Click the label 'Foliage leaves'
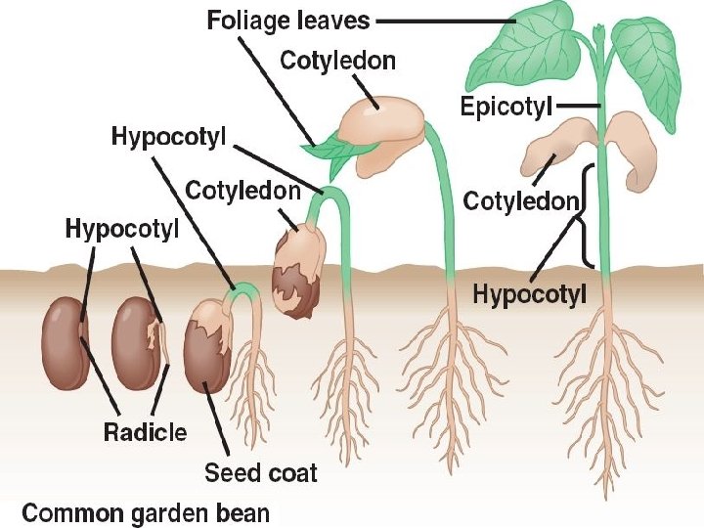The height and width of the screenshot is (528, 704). pyautogui.click(x=288, y=20)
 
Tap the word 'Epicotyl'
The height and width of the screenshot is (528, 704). pyautogui.click(x=506, y=106)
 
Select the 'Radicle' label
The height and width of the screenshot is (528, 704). pyautogui.click(x=146, y=431)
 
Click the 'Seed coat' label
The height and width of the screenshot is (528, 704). pyautogui.click(x=260, y=473)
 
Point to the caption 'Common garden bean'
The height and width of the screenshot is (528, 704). pyautogui.click(x=146, y=511)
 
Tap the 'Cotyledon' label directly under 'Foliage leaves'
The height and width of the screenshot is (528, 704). pyautogui.click(x=338, y=61)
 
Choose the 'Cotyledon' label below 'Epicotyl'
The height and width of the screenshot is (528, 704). pyautogui.click(x=521, y=202)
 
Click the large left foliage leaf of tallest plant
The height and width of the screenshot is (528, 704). pyautogui.click(x=528, y=49)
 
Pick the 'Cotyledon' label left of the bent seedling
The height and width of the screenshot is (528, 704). pyautogui.click(x=242, y=191)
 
